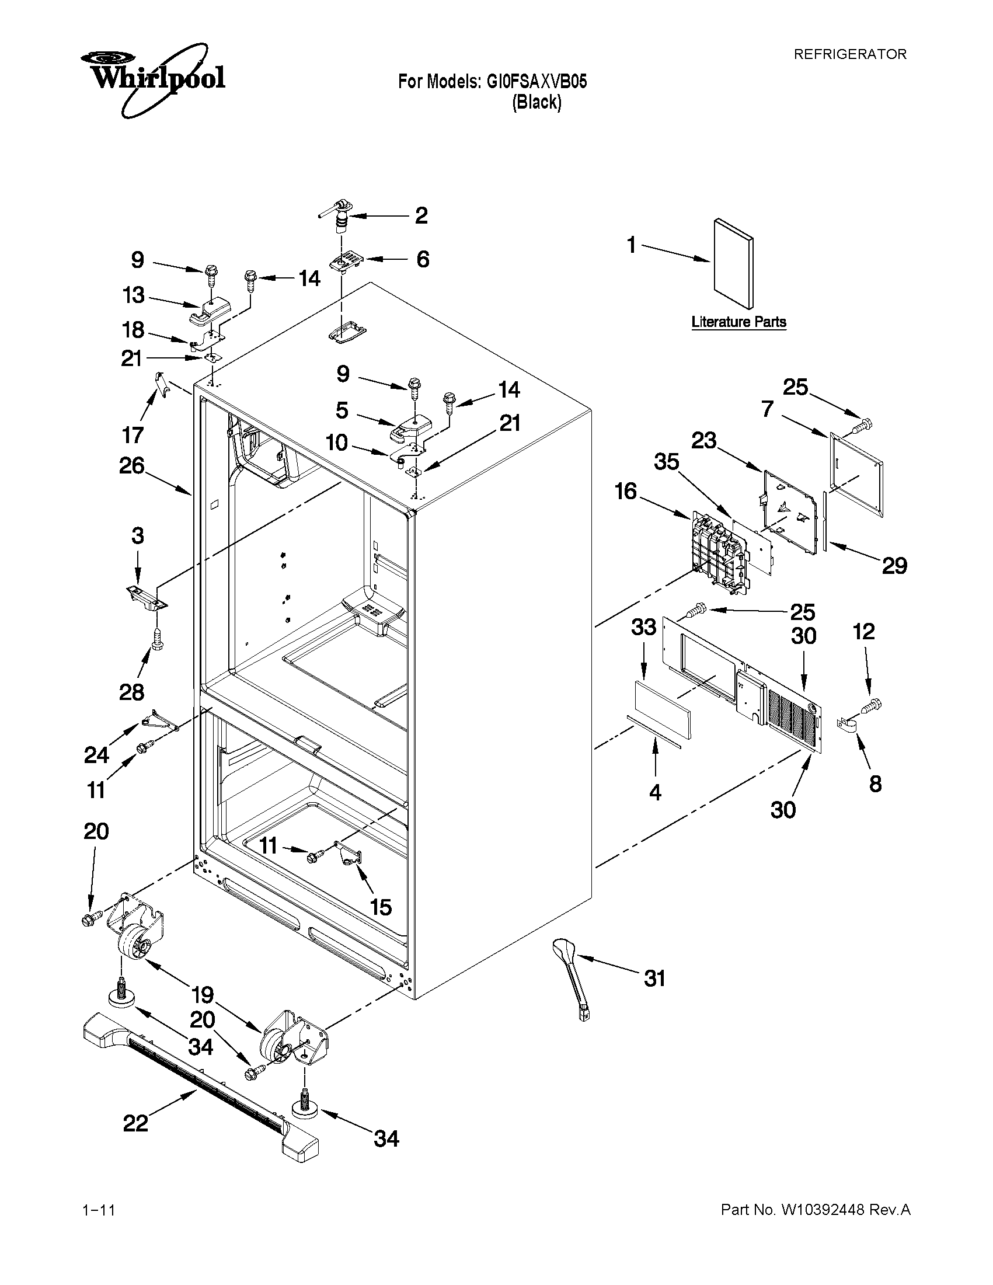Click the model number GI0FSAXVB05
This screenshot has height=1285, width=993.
click(x=536, y=82)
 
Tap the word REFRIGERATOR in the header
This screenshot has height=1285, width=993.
click(x=850, y=54)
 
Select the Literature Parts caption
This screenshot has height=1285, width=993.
click(x=739, y=322)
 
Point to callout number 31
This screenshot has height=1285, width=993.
click(x=654, y=979)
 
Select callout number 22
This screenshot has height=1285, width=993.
click(x=135, y=1124)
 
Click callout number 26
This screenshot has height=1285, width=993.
click(x=132, y=466)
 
